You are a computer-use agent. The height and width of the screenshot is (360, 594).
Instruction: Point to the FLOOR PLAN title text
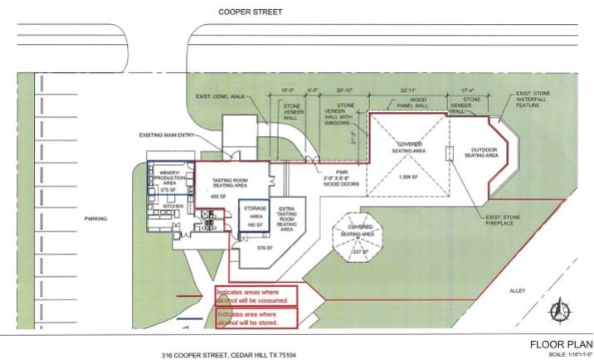pos(558,343)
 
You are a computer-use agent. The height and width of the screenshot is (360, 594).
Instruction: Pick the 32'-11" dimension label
pos(407,90)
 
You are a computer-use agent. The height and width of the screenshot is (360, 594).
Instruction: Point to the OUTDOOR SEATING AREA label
pos(480,153)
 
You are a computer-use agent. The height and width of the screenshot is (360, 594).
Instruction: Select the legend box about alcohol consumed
pos(256,295)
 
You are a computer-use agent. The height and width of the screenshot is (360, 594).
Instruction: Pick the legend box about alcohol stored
pos(256,319)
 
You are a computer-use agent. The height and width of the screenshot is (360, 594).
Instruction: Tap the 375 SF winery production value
pos(169,190)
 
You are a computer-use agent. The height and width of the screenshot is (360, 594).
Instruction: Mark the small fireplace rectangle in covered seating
pos(448,153)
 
